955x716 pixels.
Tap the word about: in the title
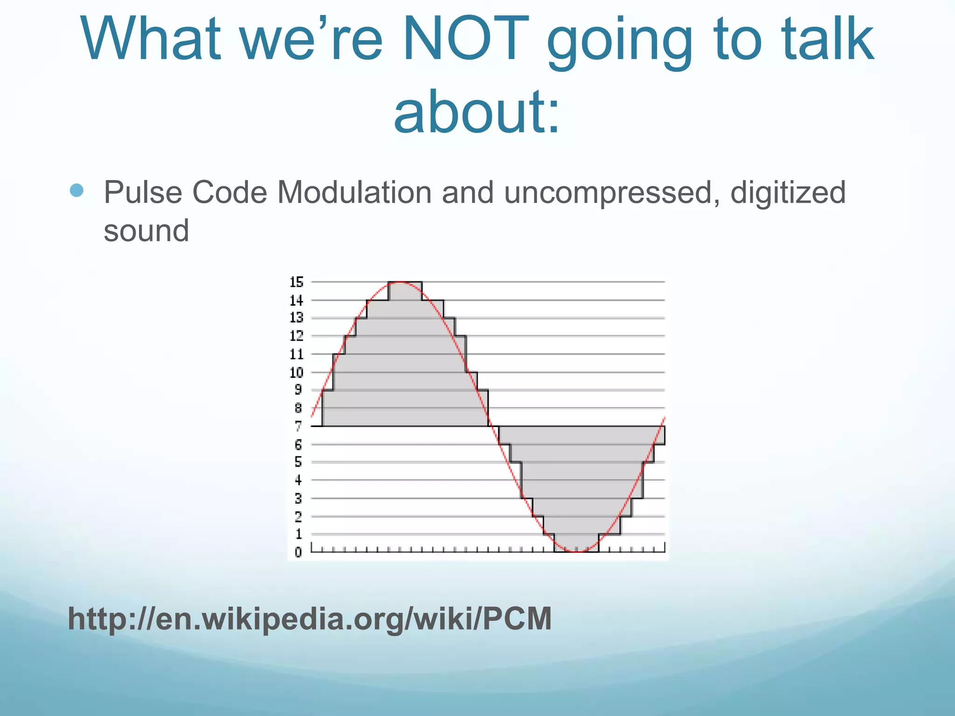click(477, 112)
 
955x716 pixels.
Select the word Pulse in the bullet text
click(143, 192)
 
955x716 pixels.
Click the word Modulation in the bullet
click(354, 192)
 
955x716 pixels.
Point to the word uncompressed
click(609, 193)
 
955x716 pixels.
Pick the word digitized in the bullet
click(788, 192)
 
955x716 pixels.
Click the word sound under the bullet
click(146, 230)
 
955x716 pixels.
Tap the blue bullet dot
click(76, 190)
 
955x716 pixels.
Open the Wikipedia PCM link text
click(310, 619)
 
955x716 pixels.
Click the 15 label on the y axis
click(297, 282)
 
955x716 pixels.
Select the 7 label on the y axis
click(298, 426)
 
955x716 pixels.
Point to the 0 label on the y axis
click(298, 552)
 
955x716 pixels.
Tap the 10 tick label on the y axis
click(297, 372)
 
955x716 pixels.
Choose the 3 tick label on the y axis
click(298, 498)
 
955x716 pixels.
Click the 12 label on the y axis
click(297, 336)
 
